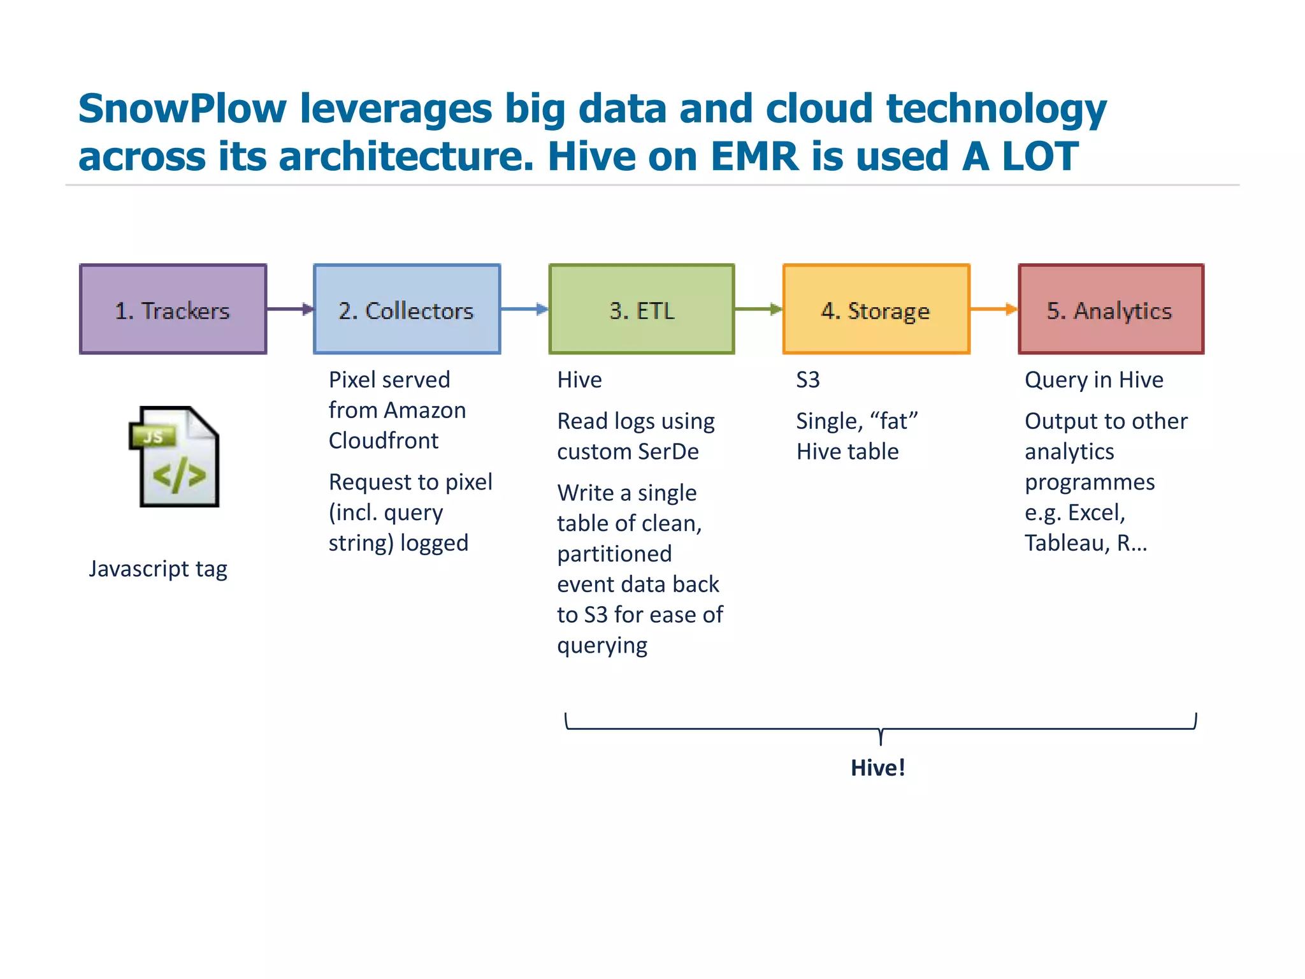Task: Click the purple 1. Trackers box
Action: click(x=173, y=309)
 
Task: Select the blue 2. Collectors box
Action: click(x=407, y=309)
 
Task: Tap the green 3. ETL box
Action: click(x=641, y=309)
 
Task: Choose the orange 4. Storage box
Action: click(x=876, y=309)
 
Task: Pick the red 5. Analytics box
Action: click(x=1111, y=309)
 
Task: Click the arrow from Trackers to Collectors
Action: click(x=290, y=309)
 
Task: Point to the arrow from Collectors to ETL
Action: click(x=524, y=309)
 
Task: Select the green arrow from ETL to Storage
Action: click(x=758, y=309)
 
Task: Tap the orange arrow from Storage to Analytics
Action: click(x=993, y=309)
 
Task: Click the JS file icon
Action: click(x=175, y=457)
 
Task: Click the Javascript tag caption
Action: click(x=158, y=569)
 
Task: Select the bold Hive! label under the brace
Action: click(x=878, y=767)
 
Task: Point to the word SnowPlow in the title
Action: click(x=182, y=108)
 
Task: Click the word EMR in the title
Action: click(x=754, y=157)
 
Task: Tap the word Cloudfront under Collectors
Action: click(x=384, y=440)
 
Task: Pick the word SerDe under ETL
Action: click(x=668, y=451)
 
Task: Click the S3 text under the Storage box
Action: click(x=808, y=380)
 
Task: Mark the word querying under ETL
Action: click(x=602, y=646)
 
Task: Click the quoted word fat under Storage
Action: click(x=894, y=421)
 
